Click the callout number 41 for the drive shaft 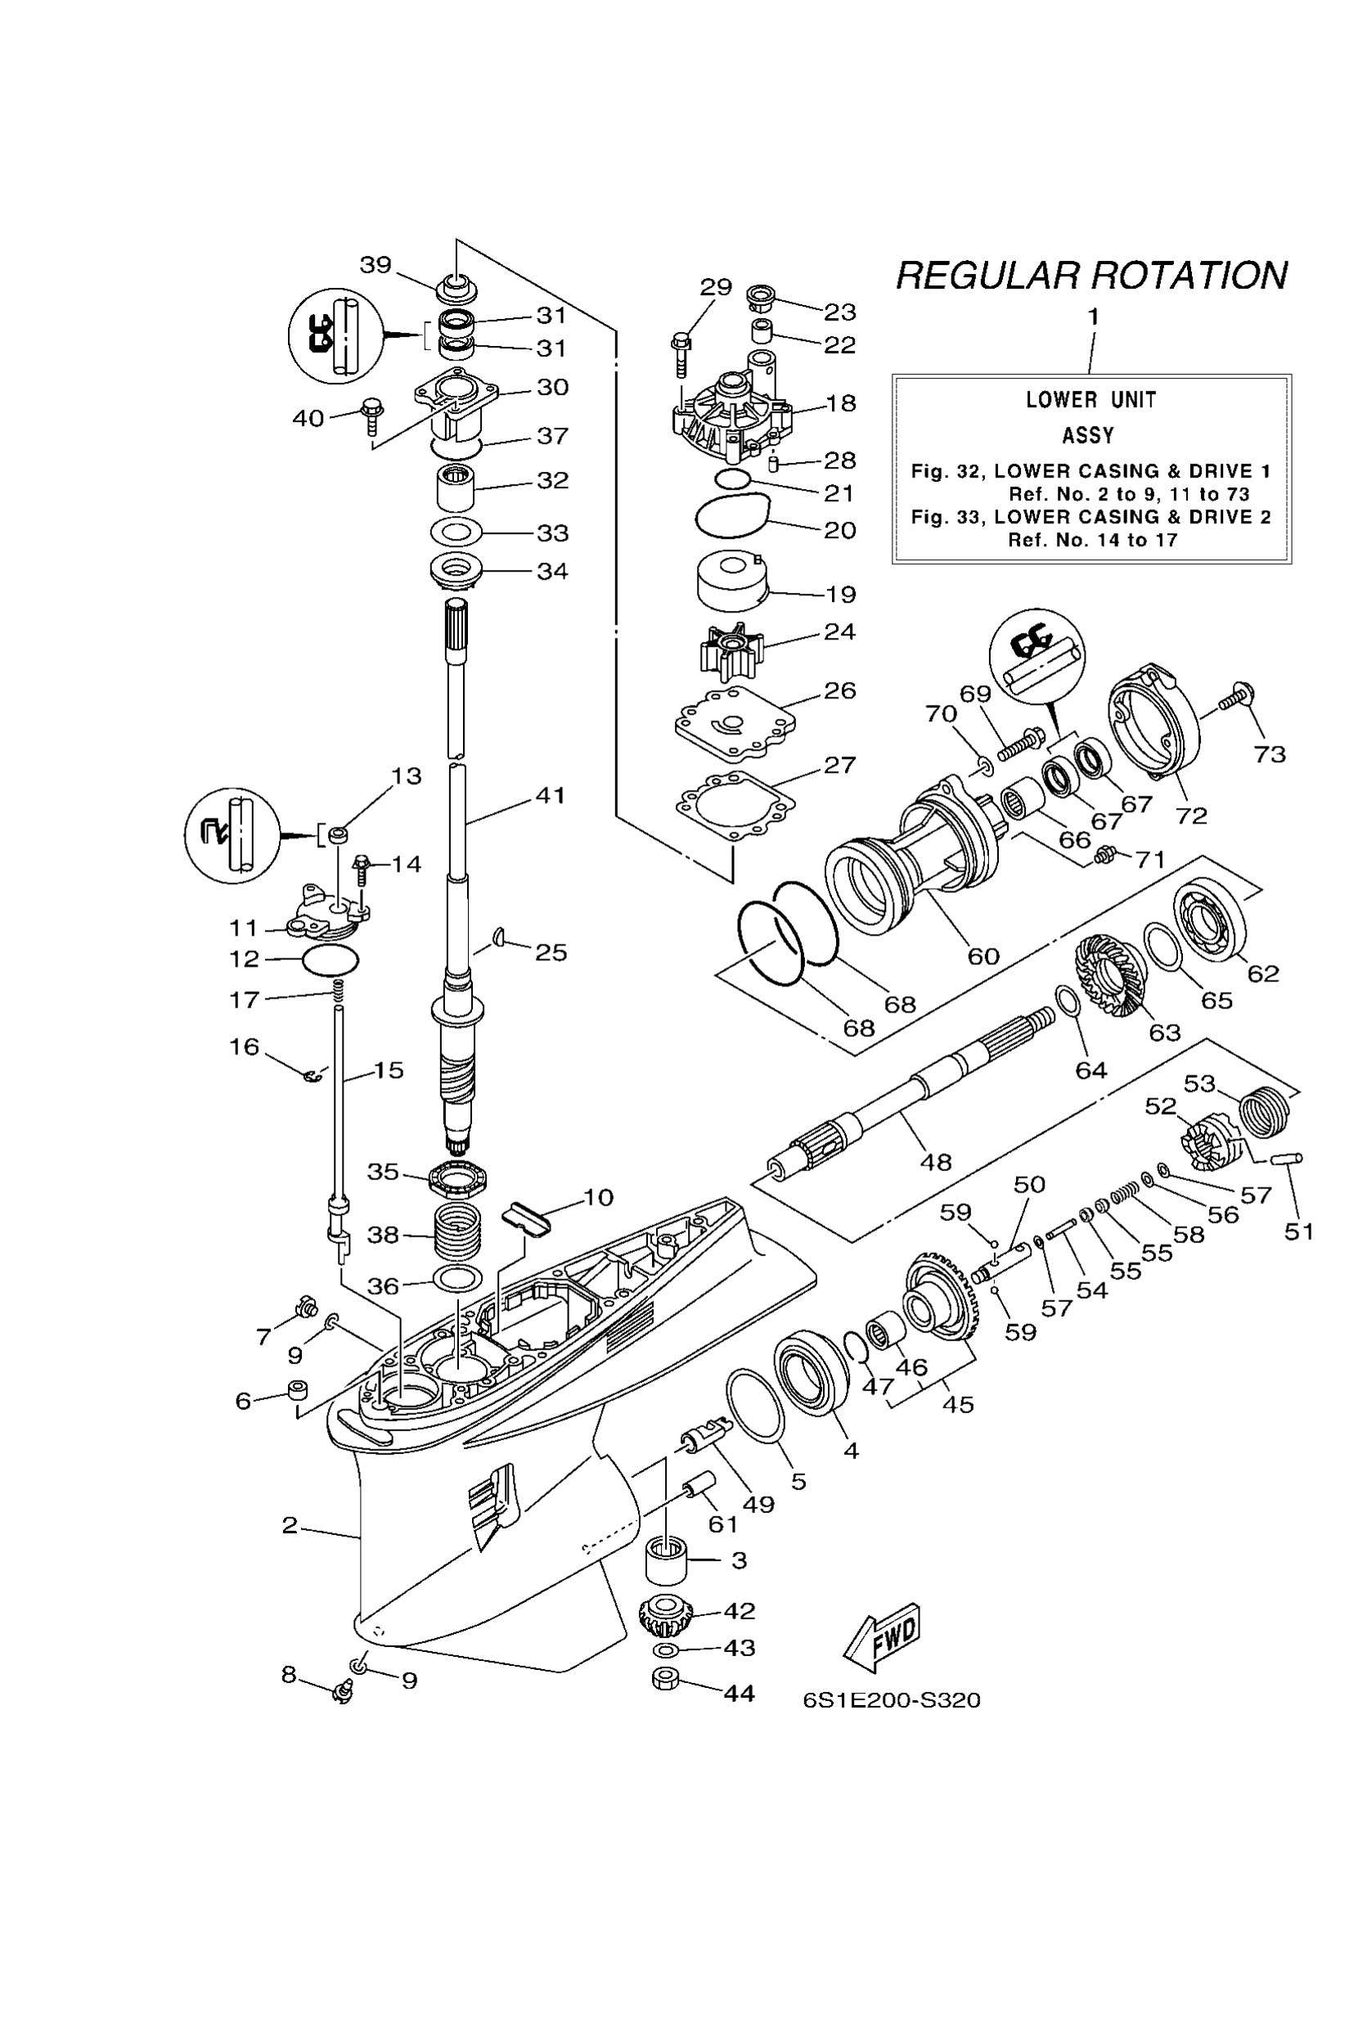pos(551,796)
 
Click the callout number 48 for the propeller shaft pos(935,1162)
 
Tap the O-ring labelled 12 pos(331,958)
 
